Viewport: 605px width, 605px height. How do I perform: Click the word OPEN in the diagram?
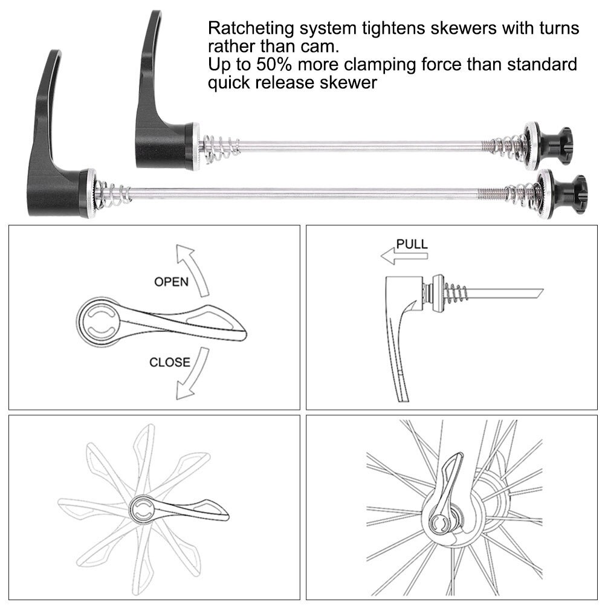coord(171,282)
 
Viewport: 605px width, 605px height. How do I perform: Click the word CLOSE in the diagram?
coord(169,363)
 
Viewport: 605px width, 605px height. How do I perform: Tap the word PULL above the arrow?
coord(412,244)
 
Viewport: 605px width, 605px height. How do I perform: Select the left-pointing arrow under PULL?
coord(404,257)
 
